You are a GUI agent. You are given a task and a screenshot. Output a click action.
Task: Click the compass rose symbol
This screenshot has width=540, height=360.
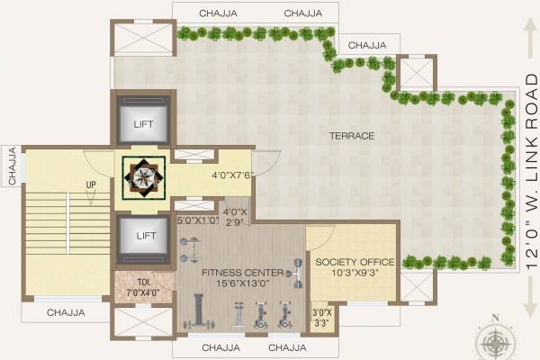493,340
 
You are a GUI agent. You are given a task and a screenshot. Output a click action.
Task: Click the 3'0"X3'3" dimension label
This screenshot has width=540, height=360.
320,318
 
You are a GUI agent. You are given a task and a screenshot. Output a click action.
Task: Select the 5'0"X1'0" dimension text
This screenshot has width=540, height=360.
197,219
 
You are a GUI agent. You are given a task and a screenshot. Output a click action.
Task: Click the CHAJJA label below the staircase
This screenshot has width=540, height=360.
66,313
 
